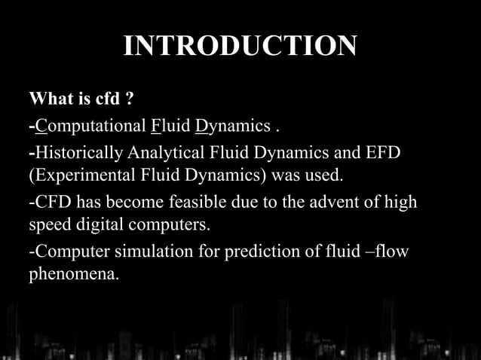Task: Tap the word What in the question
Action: (47, 100)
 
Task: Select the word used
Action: (325, 177)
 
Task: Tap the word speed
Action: (47, 227)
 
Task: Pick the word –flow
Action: (388, 253)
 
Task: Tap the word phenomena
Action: (73, 276)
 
